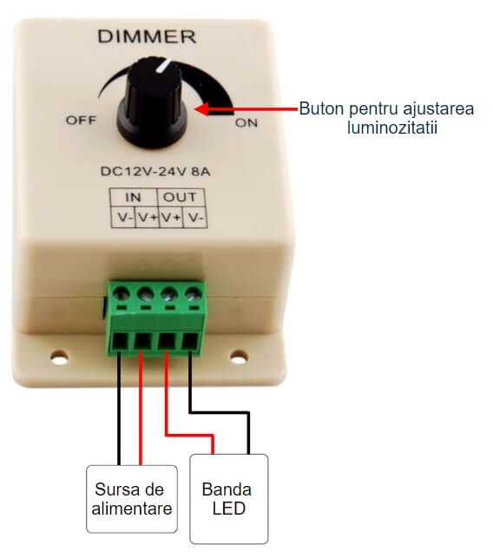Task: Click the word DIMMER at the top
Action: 147,36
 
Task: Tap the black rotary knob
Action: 152,103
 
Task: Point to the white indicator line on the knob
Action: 163,67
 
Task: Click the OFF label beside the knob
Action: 81,121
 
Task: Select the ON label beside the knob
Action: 246,123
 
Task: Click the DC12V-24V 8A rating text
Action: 155,172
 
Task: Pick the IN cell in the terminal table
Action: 134,197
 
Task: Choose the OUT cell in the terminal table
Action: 181,197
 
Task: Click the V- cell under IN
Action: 122,217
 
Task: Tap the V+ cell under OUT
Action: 171,217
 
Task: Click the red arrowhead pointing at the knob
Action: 202,108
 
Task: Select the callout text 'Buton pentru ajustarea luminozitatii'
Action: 386,118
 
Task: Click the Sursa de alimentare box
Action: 132,499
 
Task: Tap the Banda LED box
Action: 229,499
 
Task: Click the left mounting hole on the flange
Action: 59,357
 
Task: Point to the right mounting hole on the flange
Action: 239,356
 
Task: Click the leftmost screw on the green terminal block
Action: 121,294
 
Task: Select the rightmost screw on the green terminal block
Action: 194,294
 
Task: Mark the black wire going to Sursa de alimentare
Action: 119,409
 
